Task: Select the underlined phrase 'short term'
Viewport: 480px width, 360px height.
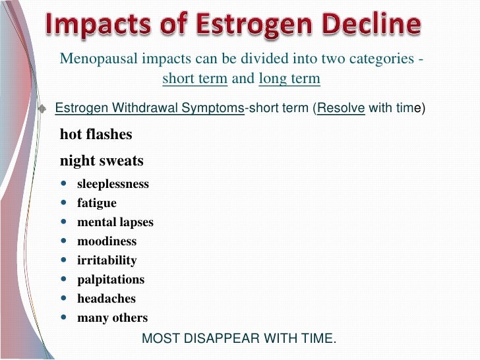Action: tap(195, 79)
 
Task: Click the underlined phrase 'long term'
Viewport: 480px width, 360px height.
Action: tap(289, 79)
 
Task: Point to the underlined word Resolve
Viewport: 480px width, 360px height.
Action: tap(341, 109)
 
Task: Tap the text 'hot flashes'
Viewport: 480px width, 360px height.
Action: tap(96, 135)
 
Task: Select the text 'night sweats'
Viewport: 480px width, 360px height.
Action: tap(102, 161)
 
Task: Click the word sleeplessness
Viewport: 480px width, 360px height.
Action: tap(113, 184)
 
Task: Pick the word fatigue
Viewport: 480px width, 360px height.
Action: tap(97, 203)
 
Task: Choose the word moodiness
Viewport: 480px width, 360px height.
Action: tap(107, 241)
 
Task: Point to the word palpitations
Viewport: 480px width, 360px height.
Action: tap(111, 280)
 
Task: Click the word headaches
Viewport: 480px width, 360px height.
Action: tap(106, 299)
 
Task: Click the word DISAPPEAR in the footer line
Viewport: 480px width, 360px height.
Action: tap(227, 339)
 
